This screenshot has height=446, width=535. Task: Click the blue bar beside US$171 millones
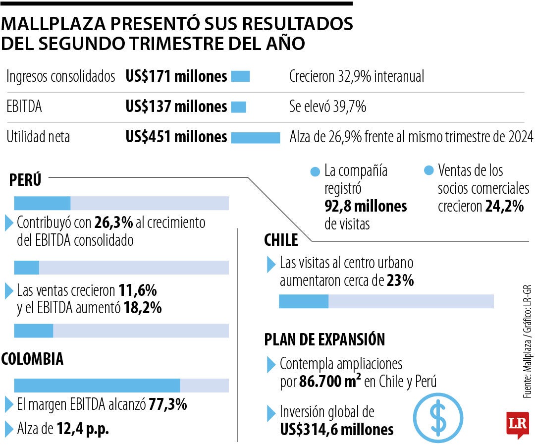point(240,77)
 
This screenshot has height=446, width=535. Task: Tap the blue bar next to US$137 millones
point(238,107)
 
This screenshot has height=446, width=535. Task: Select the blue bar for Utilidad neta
point(255,137)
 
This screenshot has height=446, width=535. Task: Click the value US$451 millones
point(176,137)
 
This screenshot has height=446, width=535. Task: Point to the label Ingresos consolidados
point(61,77)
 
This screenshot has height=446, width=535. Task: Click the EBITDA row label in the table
point(24,107)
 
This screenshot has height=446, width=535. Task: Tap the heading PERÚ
point(25,180)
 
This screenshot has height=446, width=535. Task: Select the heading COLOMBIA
point(33,359)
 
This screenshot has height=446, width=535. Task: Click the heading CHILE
point(281,241)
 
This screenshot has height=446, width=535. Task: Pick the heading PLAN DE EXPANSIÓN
point(324,339)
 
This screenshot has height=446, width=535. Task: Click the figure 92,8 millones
point(366,206)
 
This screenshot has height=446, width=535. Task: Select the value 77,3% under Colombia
point(168,404)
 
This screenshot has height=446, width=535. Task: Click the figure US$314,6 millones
point(336,429)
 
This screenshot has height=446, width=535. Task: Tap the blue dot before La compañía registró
point(315,172)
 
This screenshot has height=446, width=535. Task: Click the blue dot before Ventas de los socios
point(428,171)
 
